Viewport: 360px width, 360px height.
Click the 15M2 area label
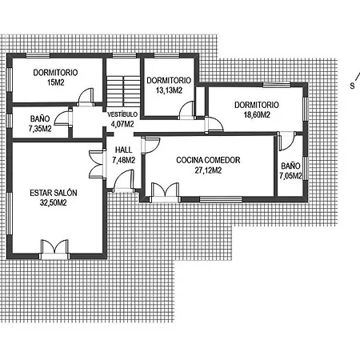pyautogui.click(x=56, y=82)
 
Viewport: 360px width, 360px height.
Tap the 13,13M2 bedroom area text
pyautogui.click(x=169, y=90)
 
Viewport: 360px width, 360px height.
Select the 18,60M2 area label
pyautogui.click(x=257, y=114)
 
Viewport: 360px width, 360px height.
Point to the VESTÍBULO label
pyautogui.click(x=122, y=114)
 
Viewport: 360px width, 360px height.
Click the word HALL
pyautogui.click(x=123, y=150)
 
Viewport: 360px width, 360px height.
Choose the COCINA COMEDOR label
pyautogui.click(x=208, y=160)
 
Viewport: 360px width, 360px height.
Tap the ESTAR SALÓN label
pyautogui.click(x=54, y=193)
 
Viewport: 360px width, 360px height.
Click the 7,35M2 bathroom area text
pyautogui.click(x=40, y=129)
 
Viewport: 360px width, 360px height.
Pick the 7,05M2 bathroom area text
pyautogui.click(x=290, y=176)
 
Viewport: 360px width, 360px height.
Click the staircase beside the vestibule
pyautogui.click(x=123, y=91)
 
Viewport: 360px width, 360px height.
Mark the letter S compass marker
pyautogui.click(x=352, y=86)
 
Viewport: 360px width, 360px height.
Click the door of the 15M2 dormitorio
pyautogui.click(x=86, y=98)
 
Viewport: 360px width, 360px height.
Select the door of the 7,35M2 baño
pyautogui.click(x=63, y=118)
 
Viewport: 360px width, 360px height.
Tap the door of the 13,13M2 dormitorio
pyautogui.click(x=186, y=110)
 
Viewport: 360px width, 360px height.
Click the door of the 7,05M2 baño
pyautogui.click(x=287, y=141)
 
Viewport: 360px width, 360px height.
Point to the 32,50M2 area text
pyautogui.click(x=54, y=202)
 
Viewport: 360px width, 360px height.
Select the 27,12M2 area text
pyautogui.click(x=208, y=170)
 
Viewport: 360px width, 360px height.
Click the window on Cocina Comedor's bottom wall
pyautogui.click(x=221, y=199)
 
